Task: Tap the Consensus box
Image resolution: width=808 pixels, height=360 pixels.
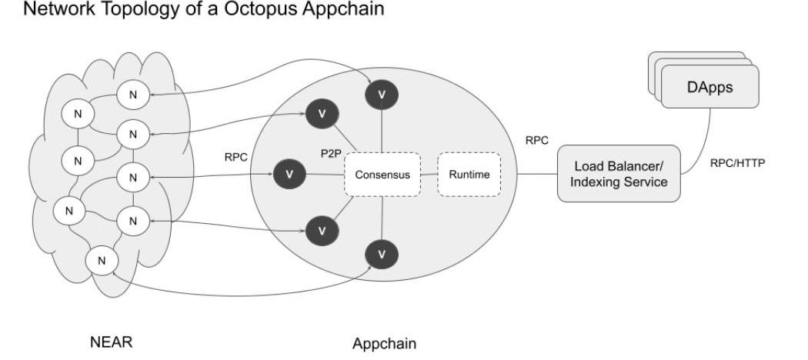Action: click(382, 174)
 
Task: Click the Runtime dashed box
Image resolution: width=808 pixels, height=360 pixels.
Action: click(469, 174)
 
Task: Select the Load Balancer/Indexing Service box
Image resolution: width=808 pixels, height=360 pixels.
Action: click(619, 174)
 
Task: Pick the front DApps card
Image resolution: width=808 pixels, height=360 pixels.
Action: click(710, 87)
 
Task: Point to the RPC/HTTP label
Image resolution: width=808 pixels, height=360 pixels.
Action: click(737, 162)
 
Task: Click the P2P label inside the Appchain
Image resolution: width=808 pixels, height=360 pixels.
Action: click(331, 153)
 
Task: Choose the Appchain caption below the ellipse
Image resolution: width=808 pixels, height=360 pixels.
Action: click(384, 343)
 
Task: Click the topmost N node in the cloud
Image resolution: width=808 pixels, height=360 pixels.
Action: click(133, 94)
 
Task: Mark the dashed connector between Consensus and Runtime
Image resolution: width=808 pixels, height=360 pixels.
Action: click(429, 174)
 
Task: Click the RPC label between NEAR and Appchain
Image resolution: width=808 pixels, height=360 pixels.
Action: click(235, 157)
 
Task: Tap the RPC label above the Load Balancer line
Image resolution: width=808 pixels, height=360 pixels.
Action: click(536, 141)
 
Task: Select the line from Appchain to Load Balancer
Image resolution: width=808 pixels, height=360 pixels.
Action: click(537, 174)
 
